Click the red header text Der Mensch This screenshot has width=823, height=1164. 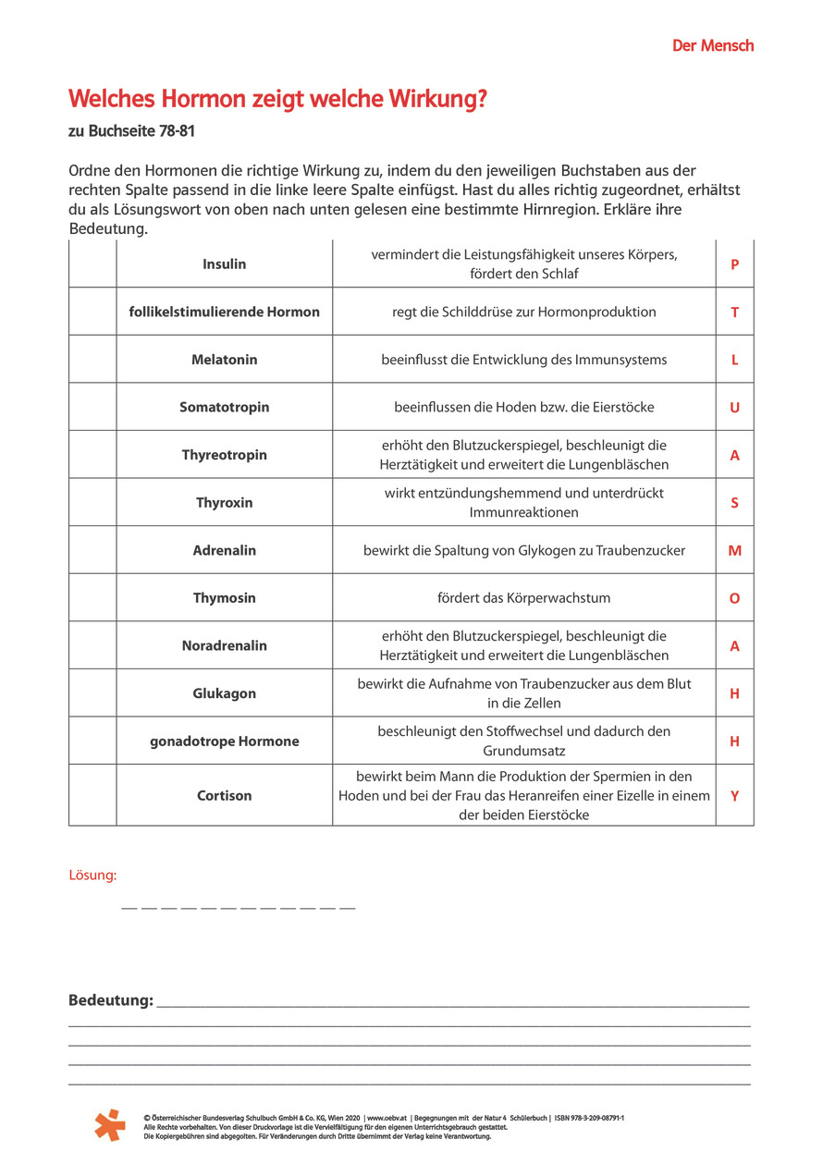[x=712, y=45]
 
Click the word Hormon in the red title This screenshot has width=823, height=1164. [x=203, y=100]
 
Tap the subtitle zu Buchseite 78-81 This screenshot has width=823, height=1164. [x=131, y=131]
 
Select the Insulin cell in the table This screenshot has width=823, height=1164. [x=225, y=264]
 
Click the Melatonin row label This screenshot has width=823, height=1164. [x=225, y=360]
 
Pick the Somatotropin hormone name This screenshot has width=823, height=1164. [x=225, y=408]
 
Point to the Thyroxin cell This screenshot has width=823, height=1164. [x=225, y=503]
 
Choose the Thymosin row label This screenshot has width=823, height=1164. [x=225, y=598]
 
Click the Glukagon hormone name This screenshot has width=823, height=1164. [x=225, y=693]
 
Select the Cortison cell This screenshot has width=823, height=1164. [x=225, y=795]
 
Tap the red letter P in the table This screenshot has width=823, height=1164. [x=734, y=264]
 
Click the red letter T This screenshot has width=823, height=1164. [x=734, y=312]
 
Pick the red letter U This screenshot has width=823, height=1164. [x=734, y=408]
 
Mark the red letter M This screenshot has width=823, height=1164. [x=734, y=551]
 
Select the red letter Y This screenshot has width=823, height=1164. [x=734, y=795]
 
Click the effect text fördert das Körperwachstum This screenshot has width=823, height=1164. [x=523, y=598]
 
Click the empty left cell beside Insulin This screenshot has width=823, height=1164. [x=92, y=264]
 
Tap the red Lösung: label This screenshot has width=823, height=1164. [x=92, y=875]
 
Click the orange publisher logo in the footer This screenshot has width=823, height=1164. [x=109, y=1124]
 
